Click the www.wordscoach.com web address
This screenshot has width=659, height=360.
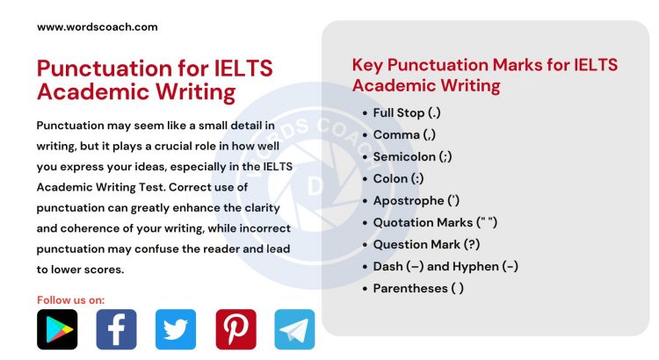98,27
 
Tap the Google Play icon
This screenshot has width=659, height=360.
57,329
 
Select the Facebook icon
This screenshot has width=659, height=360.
116,329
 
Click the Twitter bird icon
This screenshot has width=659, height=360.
176,329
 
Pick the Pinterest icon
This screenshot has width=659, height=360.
235,329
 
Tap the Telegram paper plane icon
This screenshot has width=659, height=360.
294,329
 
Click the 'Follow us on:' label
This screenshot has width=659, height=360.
70,300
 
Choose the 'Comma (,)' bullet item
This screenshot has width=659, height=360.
404,134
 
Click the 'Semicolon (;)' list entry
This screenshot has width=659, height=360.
414,156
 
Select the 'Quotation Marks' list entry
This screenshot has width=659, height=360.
435,222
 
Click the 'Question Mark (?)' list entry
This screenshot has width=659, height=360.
426,244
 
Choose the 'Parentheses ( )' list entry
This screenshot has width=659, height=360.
418,288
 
